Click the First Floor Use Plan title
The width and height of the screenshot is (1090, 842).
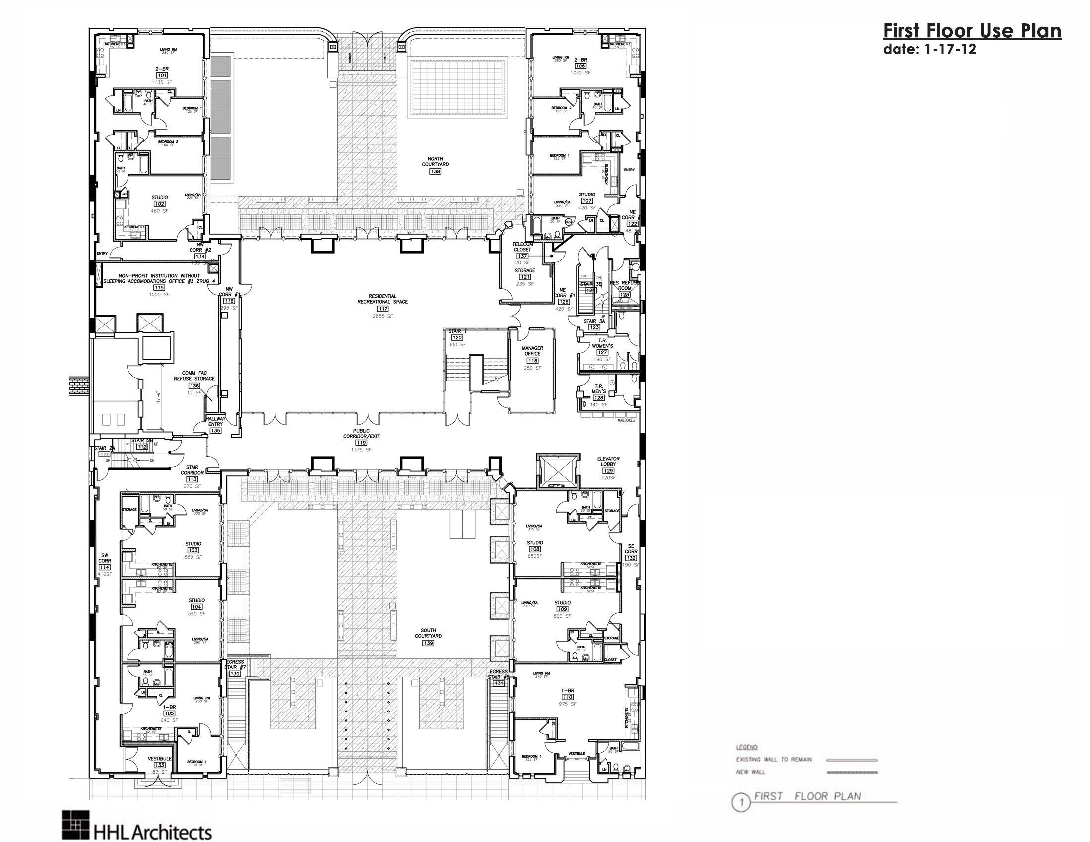[x=972, y=31]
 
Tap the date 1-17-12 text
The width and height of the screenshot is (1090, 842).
[x=929, y=50]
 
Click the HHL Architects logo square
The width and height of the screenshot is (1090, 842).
[x=75, y=825]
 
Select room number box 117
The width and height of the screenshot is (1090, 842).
[x=383, y=309]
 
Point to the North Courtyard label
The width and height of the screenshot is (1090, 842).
[x=435, y=161]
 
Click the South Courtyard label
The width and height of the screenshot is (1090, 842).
[x=428, y=633]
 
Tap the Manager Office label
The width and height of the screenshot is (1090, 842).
[x=532, y=351]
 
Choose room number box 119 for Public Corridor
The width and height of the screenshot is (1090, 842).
[x=361, y=443]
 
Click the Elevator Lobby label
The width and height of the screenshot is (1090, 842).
[x=608, y=461]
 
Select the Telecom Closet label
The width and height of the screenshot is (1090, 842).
[x=522, y=247]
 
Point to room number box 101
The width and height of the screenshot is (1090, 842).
[x=162, y=75]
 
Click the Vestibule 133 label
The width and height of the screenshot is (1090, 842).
[x=160, y=759]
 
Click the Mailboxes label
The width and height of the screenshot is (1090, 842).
[x=626, y=420]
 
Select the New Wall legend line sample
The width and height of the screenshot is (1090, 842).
[x=851, y=772]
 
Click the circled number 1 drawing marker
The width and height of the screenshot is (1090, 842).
[x=741, y=803]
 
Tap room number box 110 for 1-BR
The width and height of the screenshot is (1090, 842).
[x=567, y=697]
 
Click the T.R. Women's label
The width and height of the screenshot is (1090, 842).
[x=602, y=343]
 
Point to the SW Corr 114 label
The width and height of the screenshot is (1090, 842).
[x=104, y=561]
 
